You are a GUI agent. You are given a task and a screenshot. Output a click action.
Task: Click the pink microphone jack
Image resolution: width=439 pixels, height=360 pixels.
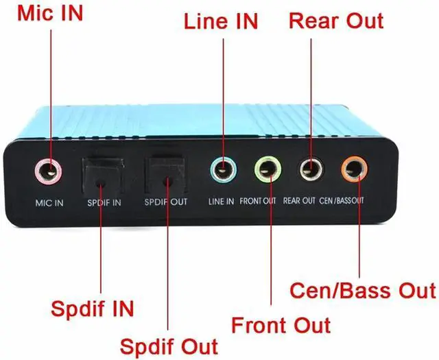[48, 171]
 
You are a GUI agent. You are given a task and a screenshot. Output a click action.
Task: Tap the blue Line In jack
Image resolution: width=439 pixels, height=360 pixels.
[223, 169]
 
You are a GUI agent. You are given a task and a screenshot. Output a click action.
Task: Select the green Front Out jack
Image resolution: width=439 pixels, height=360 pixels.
[268, 169]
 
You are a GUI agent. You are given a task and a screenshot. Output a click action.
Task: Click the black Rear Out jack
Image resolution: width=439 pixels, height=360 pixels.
[311, 169]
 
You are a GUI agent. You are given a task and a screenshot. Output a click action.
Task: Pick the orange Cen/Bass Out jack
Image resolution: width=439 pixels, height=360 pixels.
[354, 169]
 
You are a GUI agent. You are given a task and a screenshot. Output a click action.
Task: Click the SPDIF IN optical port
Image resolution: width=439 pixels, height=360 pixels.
[103, 177]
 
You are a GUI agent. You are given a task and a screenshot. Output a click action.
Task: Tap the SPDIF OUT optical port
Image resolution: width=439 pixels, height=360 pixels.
[165, 176]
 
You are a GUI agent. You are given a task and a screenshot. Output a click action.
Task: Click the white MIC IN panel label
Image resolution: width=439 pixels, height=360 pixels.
[49, 203]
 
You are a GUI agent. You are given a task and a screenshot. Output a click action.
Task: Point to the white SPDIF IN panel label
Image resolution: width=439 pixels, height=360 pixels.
[104, 203]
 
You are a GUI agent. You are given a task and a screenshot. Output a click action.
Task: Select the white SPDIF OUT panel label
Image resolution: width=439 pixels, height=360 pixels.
[166, 202]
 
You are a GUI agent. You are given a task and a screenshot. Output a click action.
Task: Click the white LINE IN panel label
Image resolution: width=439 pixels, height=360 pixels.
[221, 202]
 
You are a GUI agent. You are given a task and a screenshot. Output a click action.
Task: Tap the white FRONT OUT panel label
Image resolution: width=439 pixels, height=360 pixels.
[258, 201]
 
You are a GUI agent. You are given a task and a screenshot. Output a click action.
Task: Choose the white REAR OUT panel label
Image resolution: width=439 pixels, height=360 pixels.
[299, 201]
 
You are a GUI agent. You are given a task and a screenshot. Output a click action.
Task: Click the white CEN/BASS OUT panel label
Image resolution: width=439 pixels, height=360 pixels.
[342, 200]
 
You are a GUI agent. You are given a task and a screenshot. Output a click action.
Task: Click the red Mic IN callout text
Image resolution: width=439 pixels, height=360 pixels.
[50, 13]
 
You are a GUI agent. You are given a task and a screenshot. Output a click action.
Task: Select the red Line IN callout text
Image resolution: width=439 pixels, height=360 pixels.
[221, 21]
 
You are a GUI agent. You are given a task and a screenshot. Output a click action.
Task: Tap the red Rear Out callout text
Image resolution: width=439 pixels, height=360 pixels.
[336, 21]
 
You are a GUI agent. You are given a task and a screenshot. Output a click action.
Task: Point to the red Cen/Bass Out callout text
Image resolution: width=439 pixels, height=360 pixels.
[363, 291]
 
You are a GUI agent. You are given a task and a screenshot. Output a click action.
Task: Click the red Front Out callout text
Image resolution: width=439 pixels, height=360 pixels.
[281, 325]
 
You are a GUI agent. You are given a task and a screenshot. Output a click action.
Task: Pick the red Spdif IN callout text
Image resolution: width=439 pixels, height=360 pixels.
[93, 309]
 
